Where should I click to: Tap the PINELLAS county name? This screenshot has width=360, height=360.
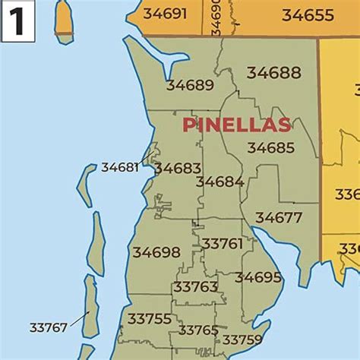236,125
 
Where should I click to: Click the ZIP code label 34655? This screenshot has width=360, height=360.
308,14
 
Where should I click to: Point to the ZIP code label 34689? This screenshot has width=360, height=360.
190,85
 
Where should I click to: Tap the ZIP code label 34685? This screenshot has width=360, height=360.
270,148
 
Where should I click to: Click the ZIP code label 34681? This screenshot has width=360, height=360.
120,167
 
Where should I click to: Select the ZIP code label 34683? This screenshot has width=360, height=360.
177,168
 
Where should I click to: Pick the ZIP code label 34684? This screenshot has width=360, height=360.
219,182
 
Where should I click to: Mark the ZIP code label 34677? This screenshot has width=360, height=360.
279,217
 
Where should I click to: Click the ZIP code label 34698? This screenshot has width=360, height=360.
156,252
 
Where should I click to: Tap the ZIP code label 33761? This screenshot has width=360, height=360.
222,243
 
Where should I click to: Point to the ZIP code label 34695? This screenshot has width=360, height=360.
258,277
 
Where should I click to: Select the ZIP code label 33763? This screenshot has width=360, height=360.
196,286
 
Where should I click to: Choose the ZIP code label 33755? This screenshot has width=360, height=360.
150,318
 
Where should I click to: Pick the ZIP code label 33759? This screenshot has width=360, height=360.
242,339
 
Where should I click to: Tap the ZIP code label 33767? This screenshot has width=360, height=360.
49,327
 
